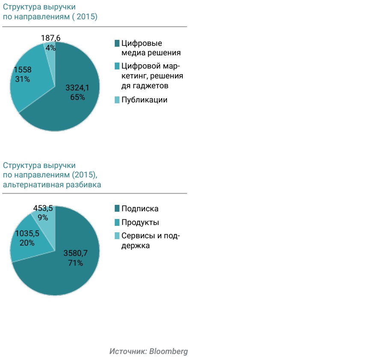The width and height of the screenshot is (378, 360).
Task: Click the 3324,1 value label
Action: point(77,88)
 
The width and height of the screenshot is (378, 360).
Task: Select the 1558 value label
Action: point(22,70)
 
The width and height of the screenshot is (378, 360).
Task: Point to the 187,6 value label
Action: point(51,38)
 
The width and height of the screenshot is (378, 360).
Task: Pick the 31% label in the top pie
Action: point(22,79)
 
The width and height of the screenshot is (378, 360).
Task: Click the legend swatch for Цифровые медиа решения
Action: point(117,43)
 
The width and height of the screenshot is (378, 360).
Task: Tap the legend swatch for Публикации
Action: point(117,100)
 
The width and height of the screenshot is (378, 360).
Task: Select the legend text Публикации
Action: point(144,100)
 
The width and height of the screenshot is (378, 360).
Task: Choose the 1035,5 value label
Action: point(27,234)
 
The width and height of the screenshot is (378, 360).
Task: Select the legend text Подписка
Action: point(140,209)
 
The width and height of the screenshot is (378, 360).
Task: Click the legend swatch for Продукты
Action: point(117,222)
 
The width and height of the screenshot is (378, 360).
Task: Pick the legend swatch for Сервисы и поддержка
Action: point(117,236)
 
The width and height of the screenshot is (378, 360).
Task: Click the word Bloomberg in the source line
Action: point(168,351)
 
